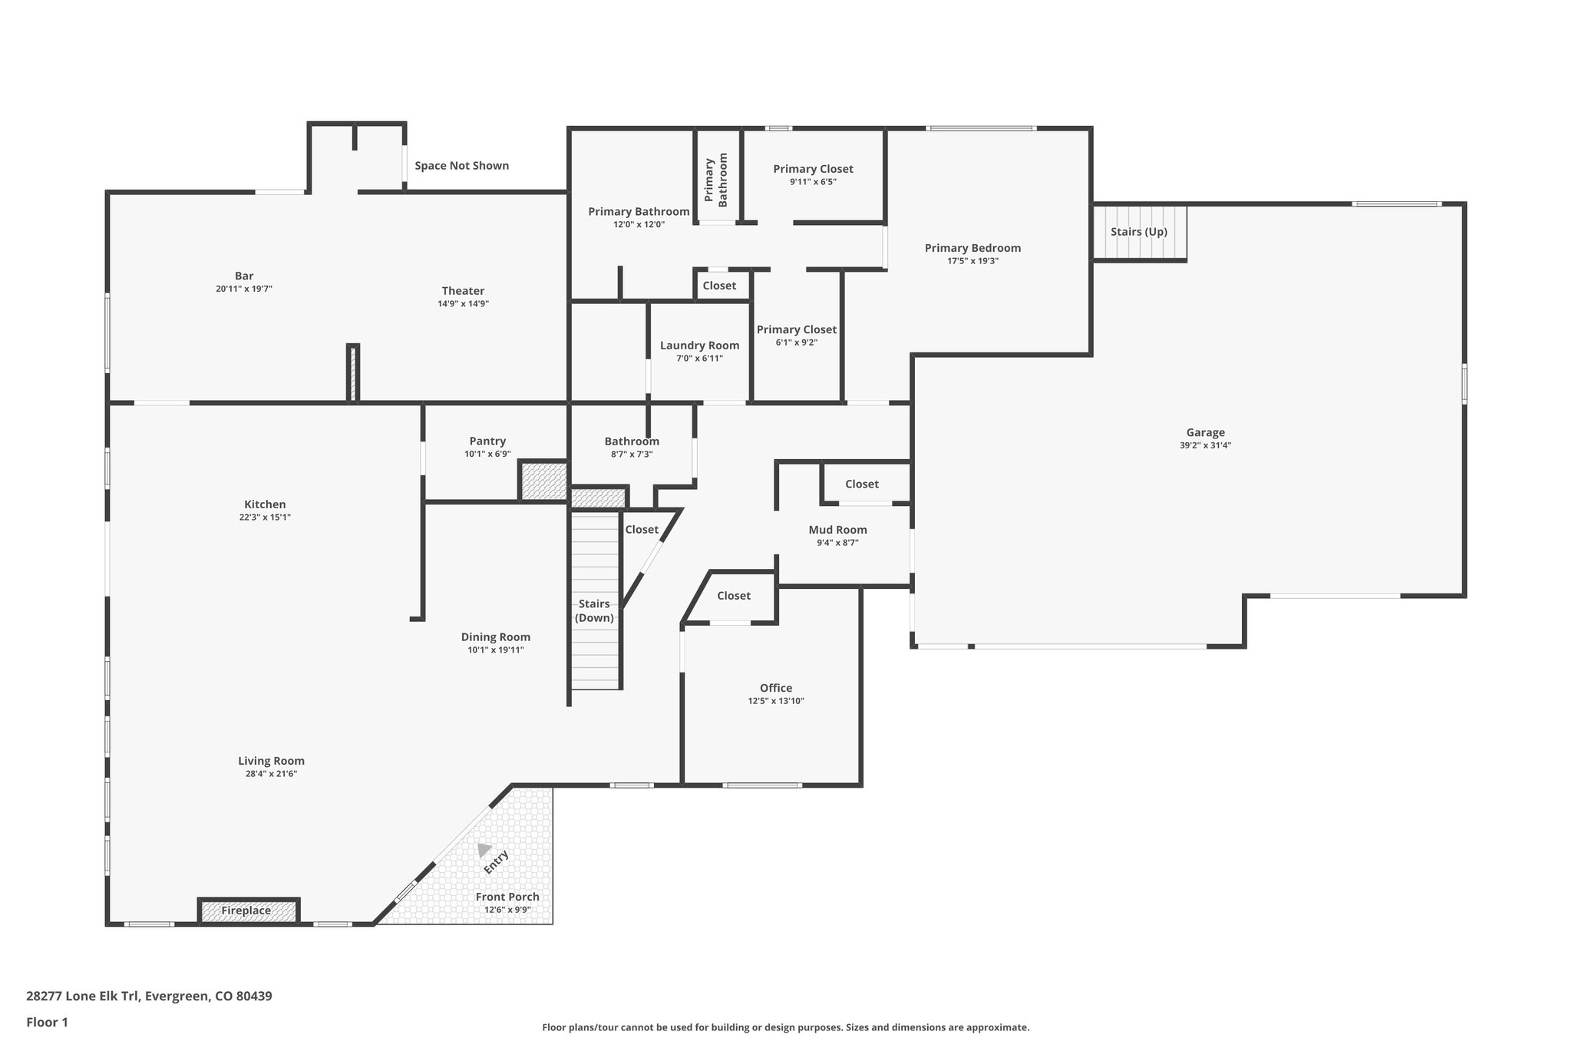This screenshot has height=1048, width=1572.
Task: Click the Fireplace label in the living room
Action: pos(246,911)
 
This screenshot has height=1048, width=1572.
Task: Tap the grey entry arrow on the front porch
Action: pos(484,850)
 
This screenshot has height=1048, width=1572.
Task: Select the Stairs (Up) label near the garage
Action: pos(1138,232)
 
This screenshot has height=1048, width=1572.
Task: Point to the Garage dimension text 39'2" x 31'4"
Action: pos(1205,445)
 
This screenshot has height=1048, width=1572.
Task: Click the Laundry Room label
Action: pos(699,345)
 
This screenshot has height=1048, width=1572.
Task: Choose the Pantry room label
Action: pos(487,441)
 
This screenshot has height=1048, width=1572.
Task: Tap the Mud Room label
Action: pos(837,530)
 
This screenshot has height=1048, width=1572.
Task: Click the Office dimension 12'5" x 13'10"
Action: pos(775,701)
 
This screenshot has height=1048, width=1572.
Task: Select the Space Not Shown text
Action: pos(461,166)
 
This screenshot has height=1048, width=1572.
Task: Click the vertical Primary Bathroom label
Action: pos(716,181)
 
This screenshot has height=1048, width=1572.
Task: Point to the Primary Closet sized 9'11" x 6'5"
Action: pos(813,169)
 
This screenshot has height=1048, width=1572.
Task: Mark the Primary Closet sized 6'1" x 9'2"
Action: pos(796,330)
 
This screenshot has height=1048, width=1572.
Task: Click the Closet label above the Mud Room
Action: pos(861,484)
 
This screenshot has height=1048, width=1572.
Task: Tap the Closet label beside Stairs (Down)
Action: pos(641,530)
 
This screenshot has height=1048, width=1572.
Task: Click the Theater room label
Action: pos(463,291)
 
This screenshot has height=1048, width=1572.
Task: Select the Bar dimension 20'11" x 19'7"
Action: pos(244,289)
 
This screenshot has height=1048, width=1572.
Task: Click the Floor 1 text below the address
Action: pos(47,1022)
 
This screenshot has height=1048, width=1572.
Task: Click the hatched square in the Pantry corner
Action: pos(543,481)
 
